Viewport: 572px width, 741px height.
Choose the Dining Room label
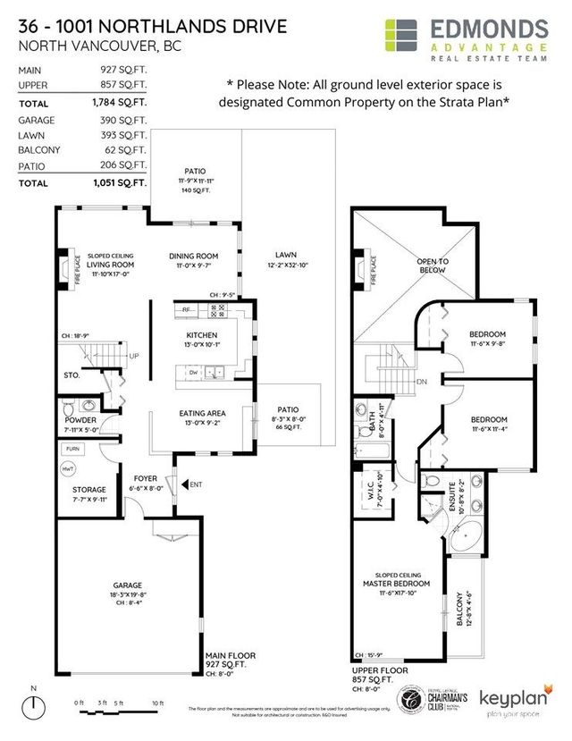click(194, 257)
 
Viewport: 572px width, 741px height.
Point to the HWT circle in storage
click(68, 468)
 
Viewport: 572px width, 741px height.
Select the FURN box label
click(72, 448)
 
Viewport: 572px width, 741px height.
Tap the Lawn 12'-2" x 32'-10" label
click(286, 260)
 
